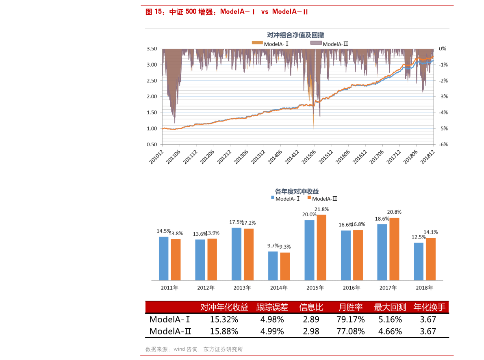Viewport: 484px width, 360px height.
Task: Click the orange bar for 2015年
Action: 321,247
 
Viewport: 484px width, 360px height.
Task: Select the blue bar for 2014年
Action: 273,266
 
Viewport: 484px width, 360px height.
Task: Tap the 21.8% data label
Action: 321,210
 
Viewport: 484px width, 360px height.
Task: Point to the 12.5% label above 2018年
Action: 419,237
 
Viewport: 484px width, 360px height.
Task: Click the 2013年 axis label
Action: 242,288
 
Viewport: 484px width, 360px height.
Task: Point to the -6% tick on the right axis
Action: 443,144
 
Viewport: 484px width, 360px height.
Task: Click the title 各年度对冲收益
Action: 297,191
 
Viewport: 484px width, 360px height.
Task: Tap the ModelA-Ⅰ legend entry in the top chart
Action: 270,43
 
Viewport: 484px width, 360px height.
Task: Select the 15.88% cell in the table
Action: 224,331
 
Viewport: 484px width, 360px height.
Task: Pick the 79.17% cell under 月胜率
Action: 350,319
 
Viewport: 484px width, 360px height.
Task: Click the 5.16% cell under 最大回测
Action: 390,319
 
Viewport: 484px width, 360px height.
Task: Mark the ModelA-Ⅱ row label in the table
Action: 170,331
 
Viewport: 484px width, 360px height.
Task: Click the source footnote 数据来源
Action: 194,349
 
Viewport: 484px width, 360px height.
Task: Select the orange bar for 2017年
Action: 394,249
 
